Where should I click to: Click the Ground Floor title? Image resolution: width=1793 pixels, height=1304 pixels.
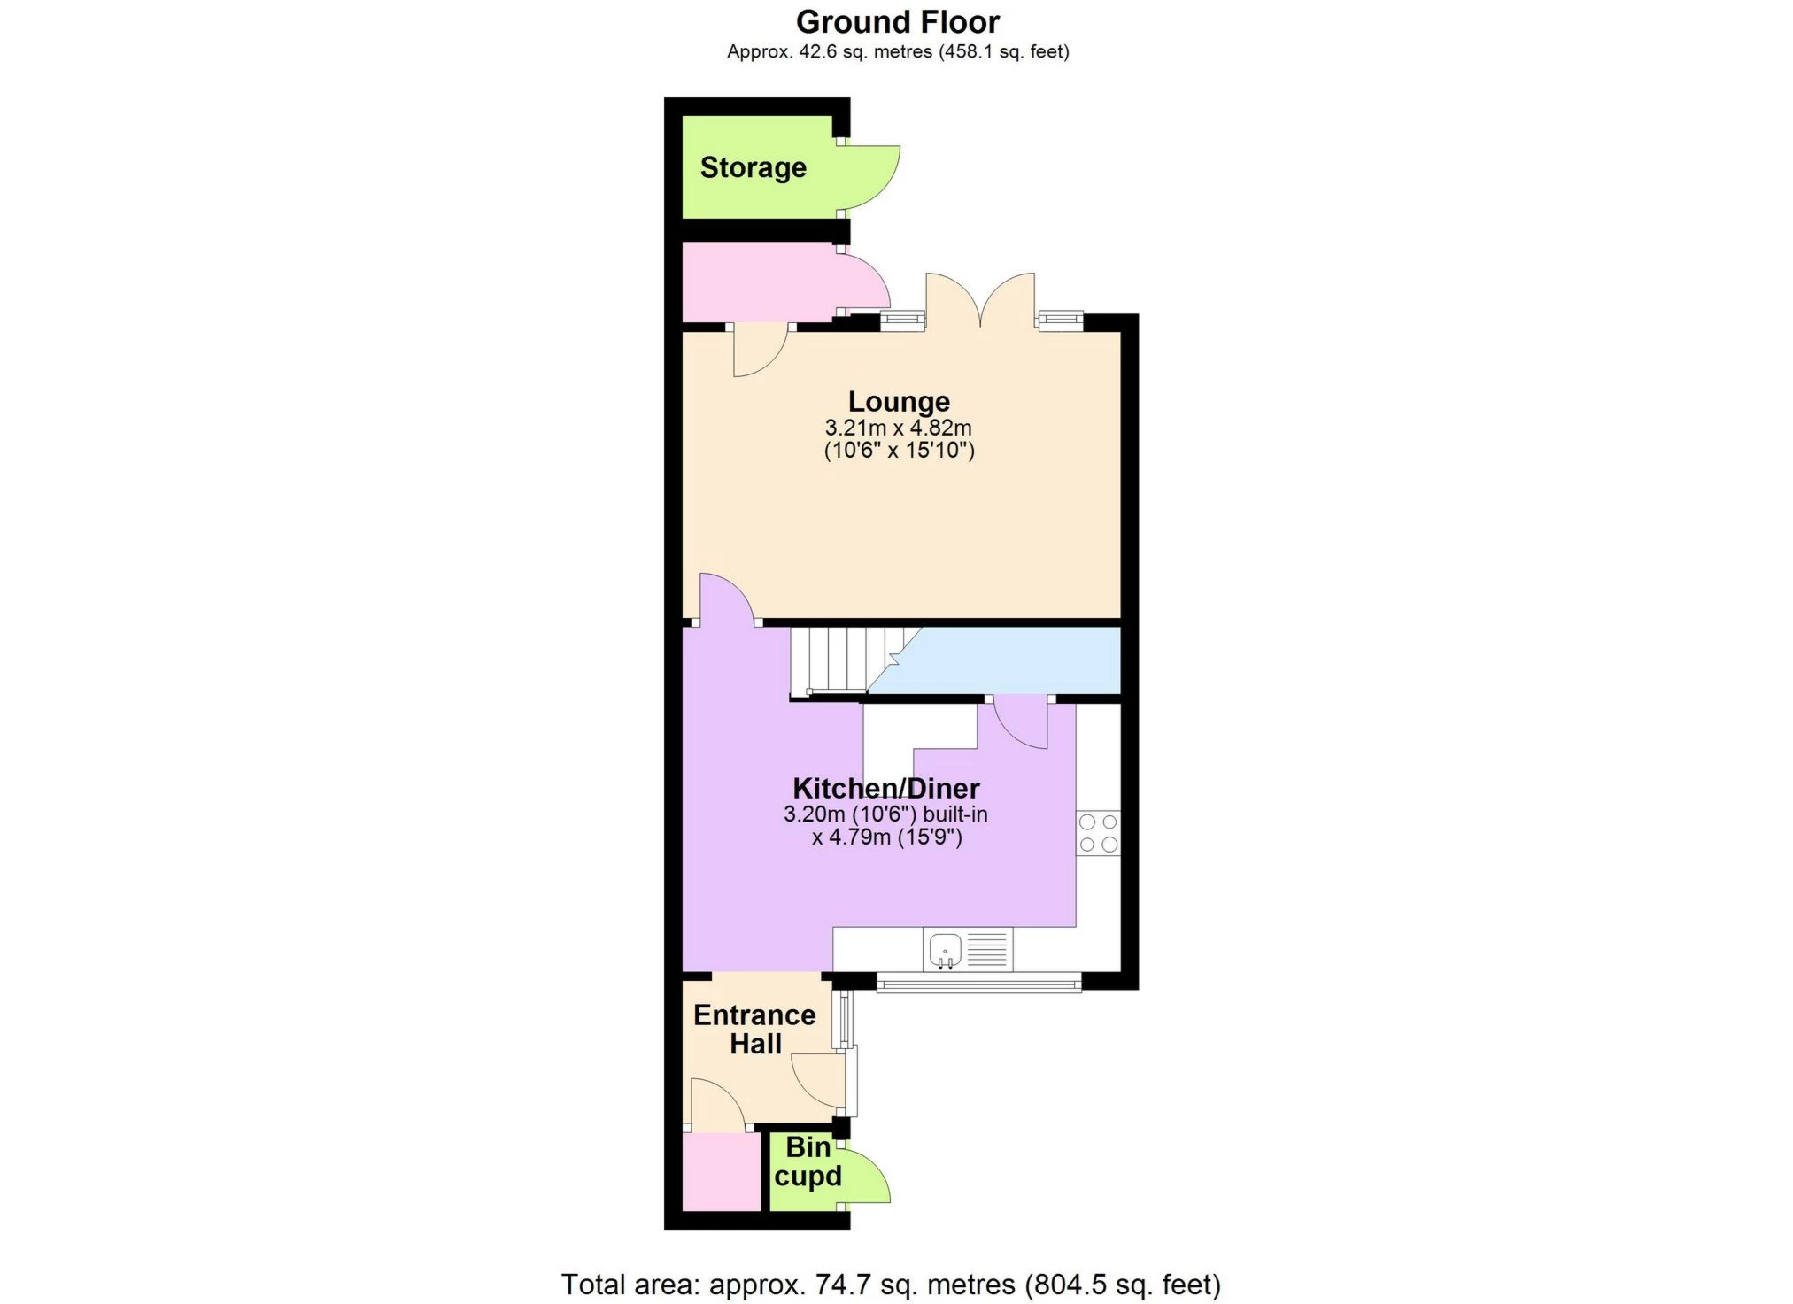tap(898, 21)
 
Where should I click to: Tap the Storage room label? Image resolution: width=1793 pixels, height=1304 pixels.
tap(754, 167)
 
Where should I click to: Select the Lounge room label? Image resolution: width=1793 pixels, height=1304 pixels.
tap(899, 401)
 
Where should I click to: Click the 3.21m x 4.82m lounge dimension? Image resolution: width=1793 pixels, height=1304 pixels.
tap(899, 428)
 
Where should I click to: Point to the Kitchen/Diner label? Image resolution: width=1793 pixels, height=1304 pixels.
tap(886, 788)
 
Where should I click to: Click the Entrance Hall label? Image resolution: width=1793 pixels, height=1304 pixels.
tap(754, 1029)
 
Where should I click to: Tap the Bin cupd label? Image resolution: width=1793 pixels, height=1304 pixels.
tap(808, 1161)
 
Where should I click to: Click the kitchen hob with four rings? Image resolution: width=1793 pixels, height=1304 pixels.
tap(1098, 833)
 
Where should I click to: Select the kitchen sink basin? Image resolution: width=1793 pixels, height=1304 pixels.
tap(945, 950)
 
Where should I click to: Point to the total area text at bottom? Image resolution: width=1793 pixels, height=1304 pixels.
tap(891, 1284)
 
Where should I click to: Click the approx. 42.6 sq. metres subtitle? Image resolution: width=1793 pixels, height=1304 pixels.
tap(898, 51)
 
